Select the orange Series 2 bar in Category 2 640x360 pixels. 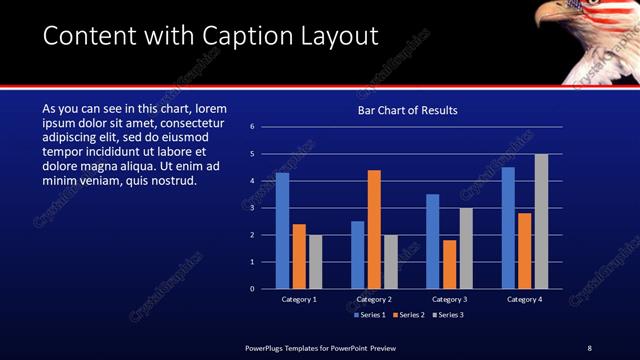pyautogui.click(x=374, y=229)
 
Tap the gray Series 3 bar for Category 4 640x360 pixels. pyautogui.click(x=541, y=221)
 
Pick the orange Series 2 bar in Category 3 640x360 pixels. pyautogui.click(x=449, y=264)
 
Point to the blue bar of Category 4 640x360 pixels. pyautogui.click(x=508, y=228)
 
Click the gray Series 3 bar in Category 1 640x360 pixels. pyautogui.click(x=315, y=262)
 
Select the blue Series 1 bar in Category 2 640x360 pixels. pyautogui.click(x=357, y=255)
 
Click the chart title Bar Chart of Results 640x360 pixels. pyautogui.click(x=408, y=110)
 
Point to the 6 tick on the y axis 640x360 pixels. pyautogui.click(x=254, y=127)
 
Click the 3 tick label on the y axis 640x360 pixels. pyautogui.click(x=254, y=208)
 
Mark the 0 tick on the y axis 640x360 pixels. pyautogui.click(x=254, y=289)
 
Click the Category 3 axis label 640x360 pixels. pyautogui.click(x=449, y=299)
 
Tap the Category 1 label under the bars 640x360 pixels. pyautogui.click(x=299, y=299)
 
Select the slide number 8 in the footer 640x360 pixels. pyautogui.click(x=589, y=347)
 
